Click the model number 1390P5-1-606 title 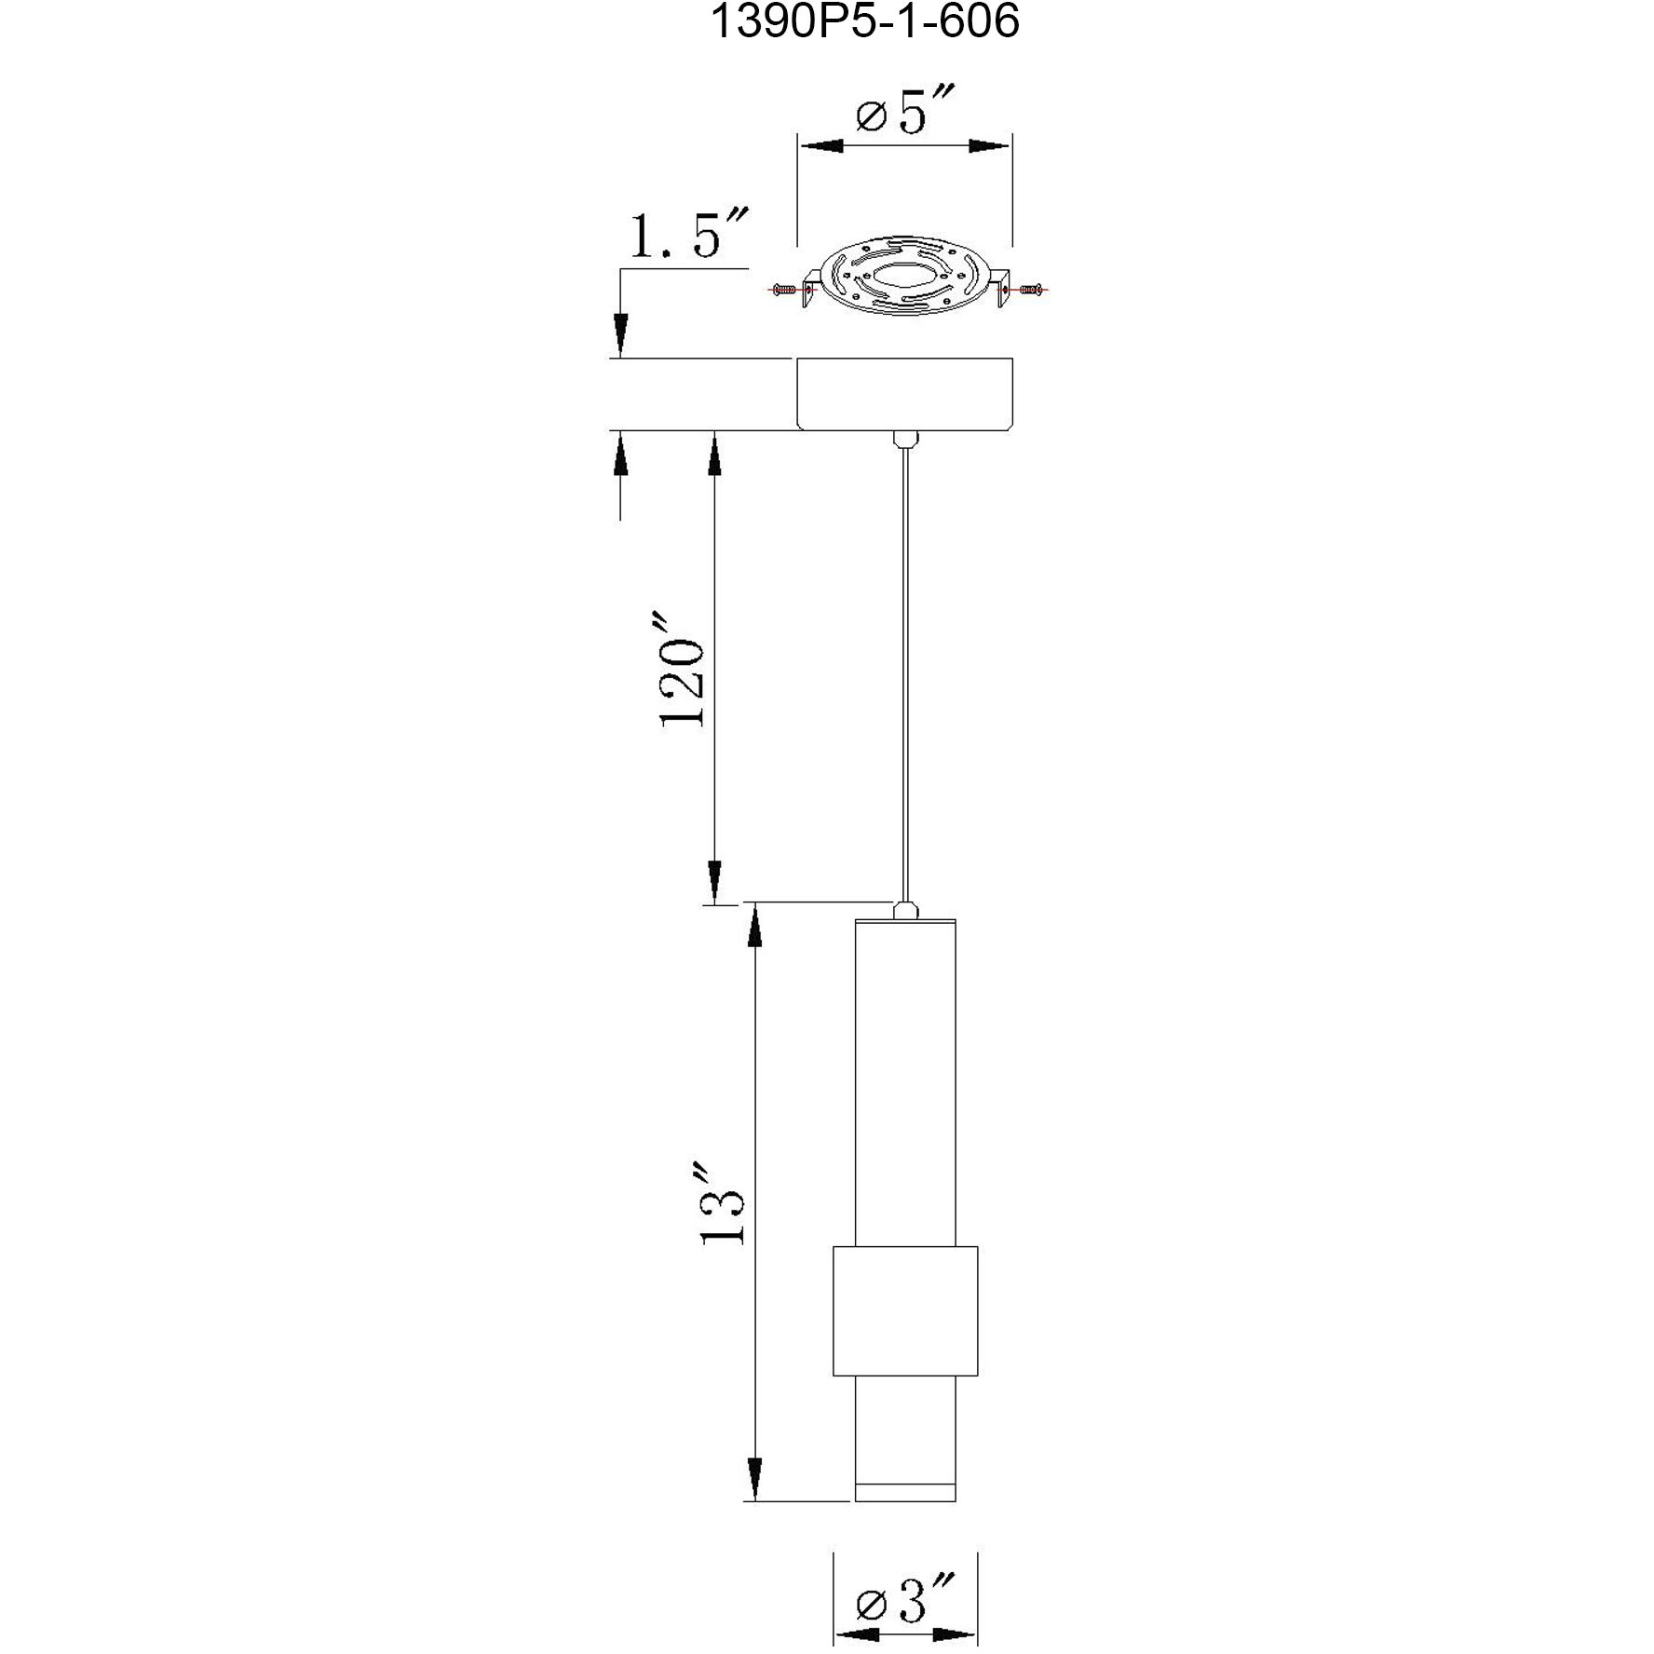click(865, 22)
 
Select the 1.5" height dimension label click(687, 237)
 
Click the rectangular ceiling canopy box click(904, 393)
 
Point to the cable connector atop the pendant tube click(903, 910)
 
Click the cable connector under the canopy click(903, 438)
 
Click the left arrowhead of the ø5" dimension click(820, 146)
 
